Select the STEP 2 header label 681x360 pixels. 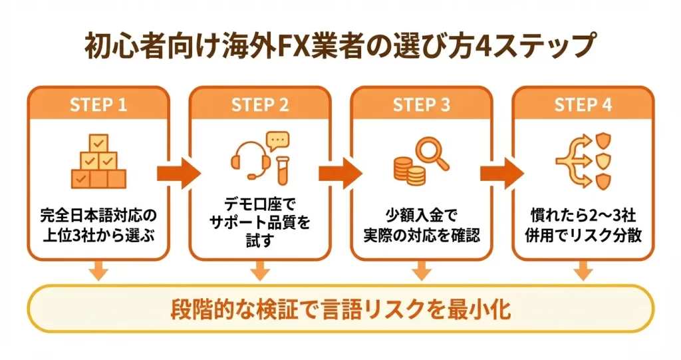coord(260,105)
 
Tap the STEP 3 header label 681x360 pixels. coord(422,105)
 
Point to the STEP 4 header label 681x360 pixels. coord(583,105)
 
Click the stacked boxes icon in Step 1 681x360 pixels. coord(98,162)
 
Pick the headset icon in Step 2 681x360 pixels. coord(249,159)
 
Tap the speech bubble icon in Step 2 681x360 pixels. coord(277,140)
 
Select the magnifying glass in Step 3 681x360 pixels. coord(433,152)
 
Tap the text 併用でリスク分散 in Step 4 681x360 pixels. coord(583,236)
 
